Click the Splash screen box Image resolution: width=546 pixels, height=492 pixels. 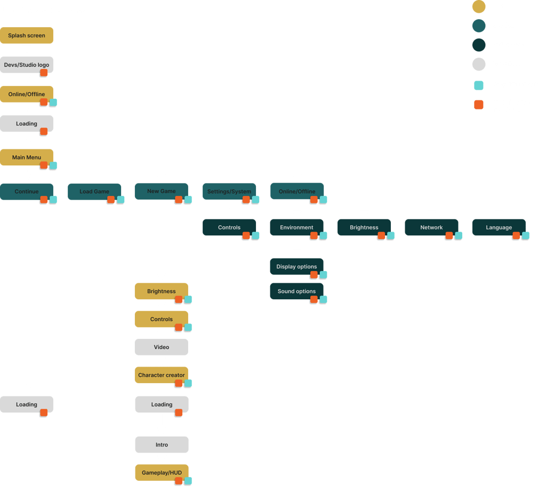coord(27,35)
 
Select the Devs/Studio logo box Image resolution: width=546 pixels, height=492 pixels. coord(27,65)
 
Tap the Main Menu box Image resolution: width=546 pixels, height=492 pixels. coord(27,157)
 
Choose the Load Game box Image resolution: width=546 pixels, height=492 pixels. coord(94,192)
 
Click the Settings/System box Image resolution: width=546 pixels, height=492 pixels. coord(229,192)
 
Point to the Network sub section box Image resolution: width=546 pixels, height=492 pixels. coord(431,227)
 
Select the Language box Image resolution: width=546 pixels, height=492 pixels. coord(499,227)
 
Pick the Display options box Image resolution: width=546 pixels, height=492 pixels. coord(296,267)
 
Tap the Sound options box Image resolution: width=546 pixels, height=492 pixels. coord(296,291)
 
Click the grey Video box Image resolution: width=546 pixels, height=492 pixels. coord(162,347)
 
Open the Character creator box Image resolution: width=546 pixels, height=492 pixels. coord(162,375)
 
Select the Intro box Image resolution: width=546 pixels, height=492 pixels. coord(162,445)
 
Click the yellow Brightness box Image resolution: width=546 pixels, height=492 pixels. coord(162,291)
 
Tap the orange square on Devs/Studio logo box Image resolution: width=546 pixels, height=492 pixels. coord(44,73)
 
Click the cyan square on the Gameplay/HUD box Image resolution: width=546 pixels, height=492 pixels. coord(188,481)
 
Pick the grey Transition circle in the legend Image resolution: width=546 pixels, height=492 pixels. coord(479,64)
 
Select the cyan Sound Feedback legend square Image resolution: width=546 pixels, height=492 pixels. coord(479,85)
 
